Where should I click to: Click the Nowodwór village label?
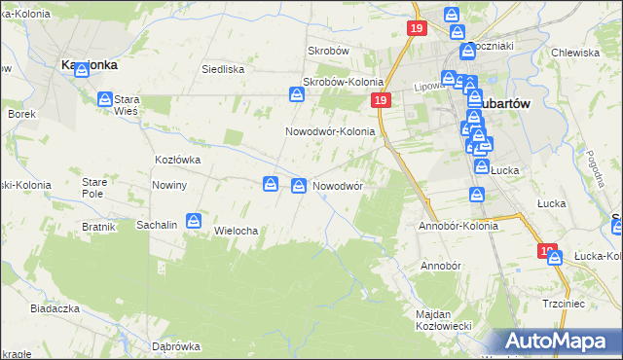[338, 185]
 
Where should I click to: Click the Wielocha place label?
[235, 231]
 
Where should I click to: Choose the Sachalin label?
[157, 225]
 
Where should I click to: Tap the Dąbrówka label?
[176, 346]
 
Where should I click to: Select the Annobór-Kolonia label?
[458, 226]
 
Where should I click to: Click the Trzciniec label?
[565, 304]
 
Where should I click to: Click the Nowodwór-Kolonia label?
[330, 131]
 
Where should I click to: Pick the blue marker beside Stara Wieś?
[105, 98]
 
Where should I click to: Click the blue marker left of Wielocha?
[195, 222]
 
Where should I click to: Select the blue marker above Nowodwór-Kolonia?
[297, 94]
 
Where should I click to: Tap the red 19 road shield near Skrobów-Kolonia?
[380, 101]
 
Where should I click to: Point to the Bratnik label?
[99, 227]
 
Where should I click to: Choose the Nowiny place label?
[169, 185]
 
